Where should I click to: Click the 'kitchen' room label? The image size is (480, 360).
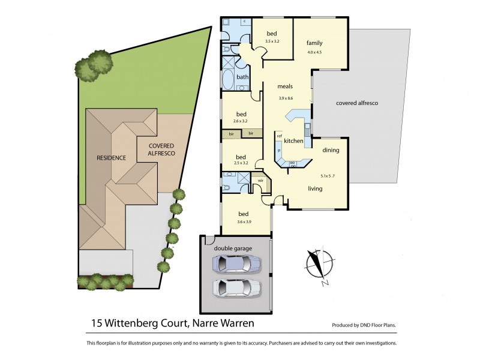(293, 141)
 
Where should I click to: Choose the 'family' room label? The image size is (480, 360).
(315, 43)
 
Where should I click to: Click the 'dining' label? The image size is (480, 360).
(331, 151)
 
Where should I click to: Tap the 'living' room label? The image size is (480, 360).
(316, 188)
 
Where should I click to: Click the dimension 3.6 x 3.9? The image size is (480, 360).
(244, 223)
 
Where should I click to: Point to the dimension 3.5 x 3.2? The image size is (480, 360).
(272, 41)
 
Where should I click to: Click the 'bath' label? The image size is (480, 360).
(242, 77)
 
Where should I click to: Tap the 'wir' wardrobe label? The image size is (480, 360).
(260, 180)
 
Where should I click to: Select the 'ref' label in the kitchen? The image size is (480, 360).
(279, 136)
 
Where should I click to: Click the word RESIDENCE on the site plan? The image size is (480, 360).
(111, 158)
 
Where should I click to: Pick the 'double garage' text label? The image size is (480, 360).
(233, 248)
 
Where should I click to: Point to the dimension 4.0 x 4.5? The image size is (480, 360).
(315, 53)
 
